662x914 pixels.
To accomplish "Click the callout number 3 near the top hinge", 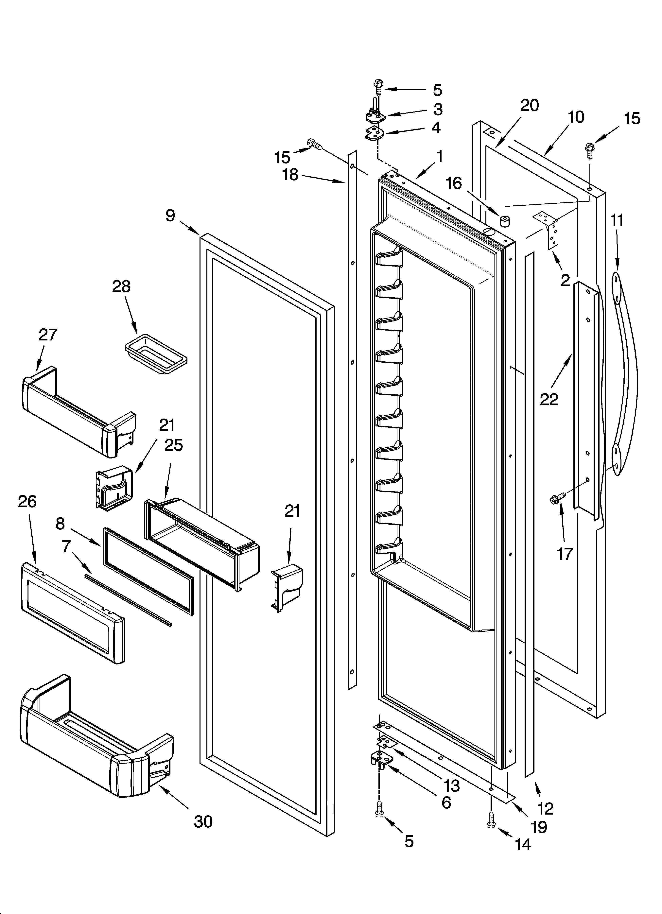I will pos(438,109).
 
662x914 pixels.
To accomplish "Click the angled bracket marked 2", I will pos(548,232).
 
